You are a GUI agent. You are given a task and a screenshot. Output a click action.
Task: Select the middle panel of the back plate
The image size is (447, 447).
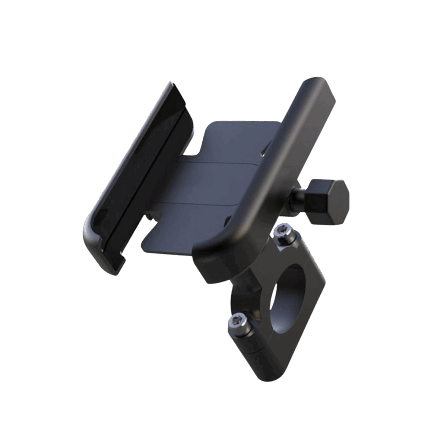209,183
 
